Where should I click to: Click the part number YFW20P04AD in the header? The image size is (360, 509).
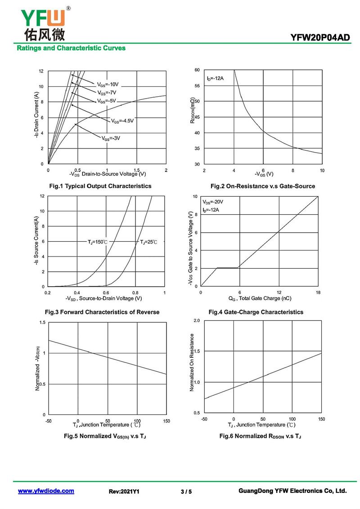(x=320, y=38)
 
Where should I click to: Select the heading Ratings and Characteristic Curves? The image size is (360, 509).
(x=71, y=48)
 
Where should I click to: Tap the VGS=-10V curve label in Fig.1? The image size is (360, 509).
(x=108, y=84)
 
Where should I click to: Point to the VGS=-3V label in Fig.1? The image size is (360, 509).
(x=111, y=138)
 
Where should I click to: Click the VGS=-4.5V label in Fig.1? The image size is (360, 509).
(x=122, y=121)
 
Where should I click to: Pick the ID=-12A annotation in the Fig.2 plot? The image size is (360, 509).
(x=215, y=78)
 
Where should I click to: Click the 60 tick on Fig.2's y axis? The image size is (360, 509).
(x=197, y=70)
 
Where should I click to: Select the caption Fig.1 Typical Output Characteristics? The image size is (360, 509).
(x=100, y=186)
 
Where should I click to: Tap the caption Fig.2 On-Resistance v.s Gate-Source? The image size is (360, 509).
(x=263, y=186)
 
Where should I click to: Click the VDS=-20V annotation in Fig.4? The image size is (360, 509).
(x=213, y=202)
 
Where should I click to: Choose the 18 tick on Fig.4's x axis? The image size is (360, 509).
(x=318, y=293)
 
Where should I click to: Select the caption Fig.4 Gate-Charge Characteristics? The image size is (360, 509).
(x=256, y=312)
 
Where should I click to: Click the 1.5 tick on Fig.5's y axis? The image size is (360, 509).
(x=42, y=323)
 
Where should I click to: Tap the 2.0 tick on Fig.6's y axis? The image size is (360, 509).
(x=197, y=320)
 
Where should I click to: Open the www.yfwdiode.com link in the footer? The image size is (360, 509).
(x=46, y=491)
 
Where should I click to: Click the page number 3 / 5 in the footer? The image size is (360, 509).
(x=186, y=491)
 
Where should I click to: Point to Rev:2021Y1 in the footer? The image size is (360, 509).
(x=124, y=491)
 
